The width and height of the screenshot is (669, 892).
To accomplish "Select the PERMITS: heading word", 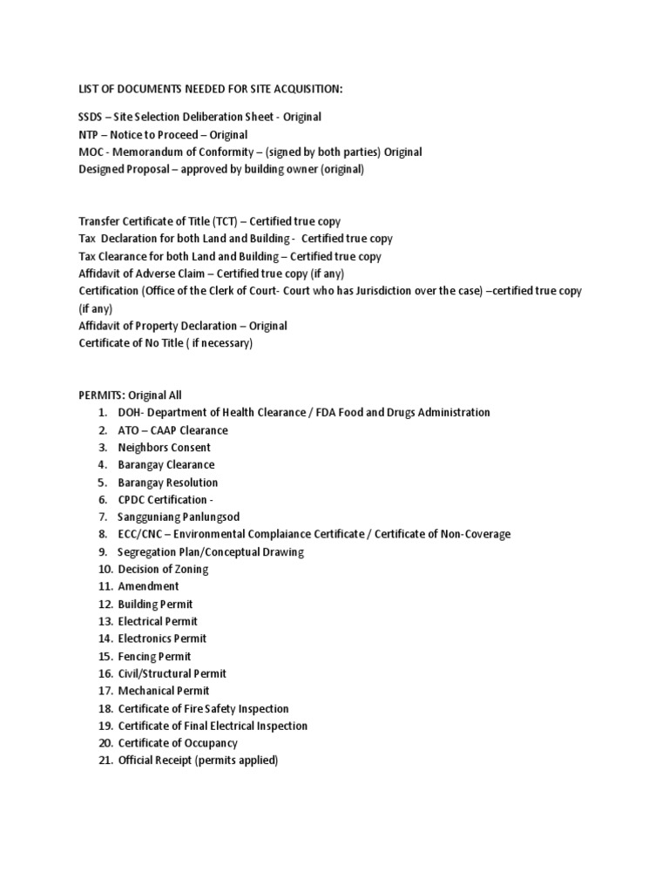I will point(102,395).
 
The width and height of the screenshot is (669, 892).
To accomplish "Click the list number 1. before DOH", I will point(102,413).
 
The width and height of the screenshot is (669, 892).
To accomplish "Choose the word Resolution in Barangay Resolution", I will point(190,483).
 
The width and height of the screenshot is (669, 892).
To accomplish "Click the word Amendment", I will point(149,587).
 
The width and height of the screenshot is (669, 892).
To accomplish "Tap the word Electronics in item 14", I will point(145,639).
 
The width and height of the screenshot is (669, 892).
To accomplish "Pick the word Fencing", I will point(139,657).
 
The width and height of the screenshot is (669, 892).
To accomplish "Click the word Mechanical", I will point(146,692).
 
